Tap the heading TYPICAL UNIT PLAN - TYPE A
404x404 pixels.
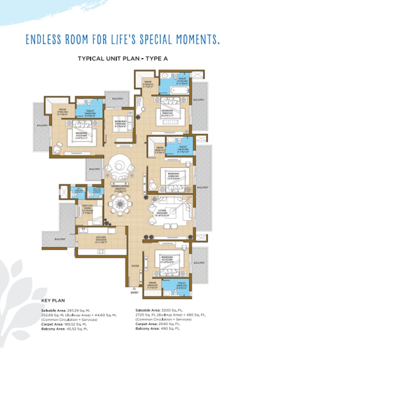pos(123,59)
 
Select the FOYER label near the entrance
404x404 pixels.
pos(135,267)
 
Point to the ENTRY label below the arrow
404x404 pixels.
pos(135,293)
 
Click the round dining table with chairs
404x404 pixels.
pos(119,203)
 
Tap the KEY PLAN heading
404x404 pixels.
pos(53,301)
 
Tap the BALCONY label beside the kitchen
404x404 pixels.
pos(60,239)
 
